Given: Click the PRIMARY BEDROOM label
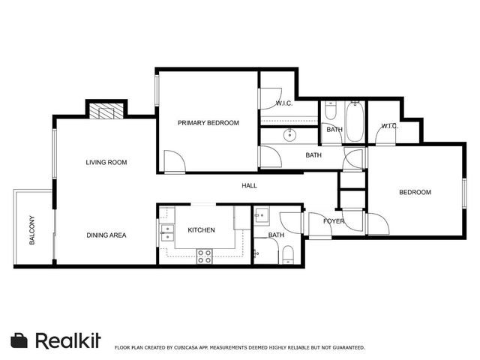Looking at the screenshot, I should click(208, 123).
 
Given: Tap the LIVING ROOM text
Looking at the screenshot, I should click(106, 162).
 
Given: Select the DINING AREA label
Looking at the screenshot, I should click(106, 235).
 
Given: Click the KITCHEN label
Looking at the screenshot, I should click(202, 230).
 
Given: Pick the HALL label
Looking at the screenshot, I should click(249, 185).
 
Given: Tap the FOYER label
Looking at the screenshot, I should click(334, 221).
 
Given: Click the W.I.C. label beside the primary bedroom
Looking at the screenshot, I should click(284, 103).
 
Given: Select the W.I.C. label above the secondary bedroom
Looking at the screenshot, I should click(389, 125).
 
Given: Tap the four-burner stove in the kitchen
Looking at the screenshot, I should click(204, 256).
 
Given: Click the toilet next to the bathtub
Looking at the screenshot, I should click(331, 112).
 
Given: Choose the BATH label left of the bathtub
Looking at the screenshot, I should click(334, 130).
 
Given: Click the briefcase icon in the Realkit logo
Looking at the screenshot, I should click(20, 340).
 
